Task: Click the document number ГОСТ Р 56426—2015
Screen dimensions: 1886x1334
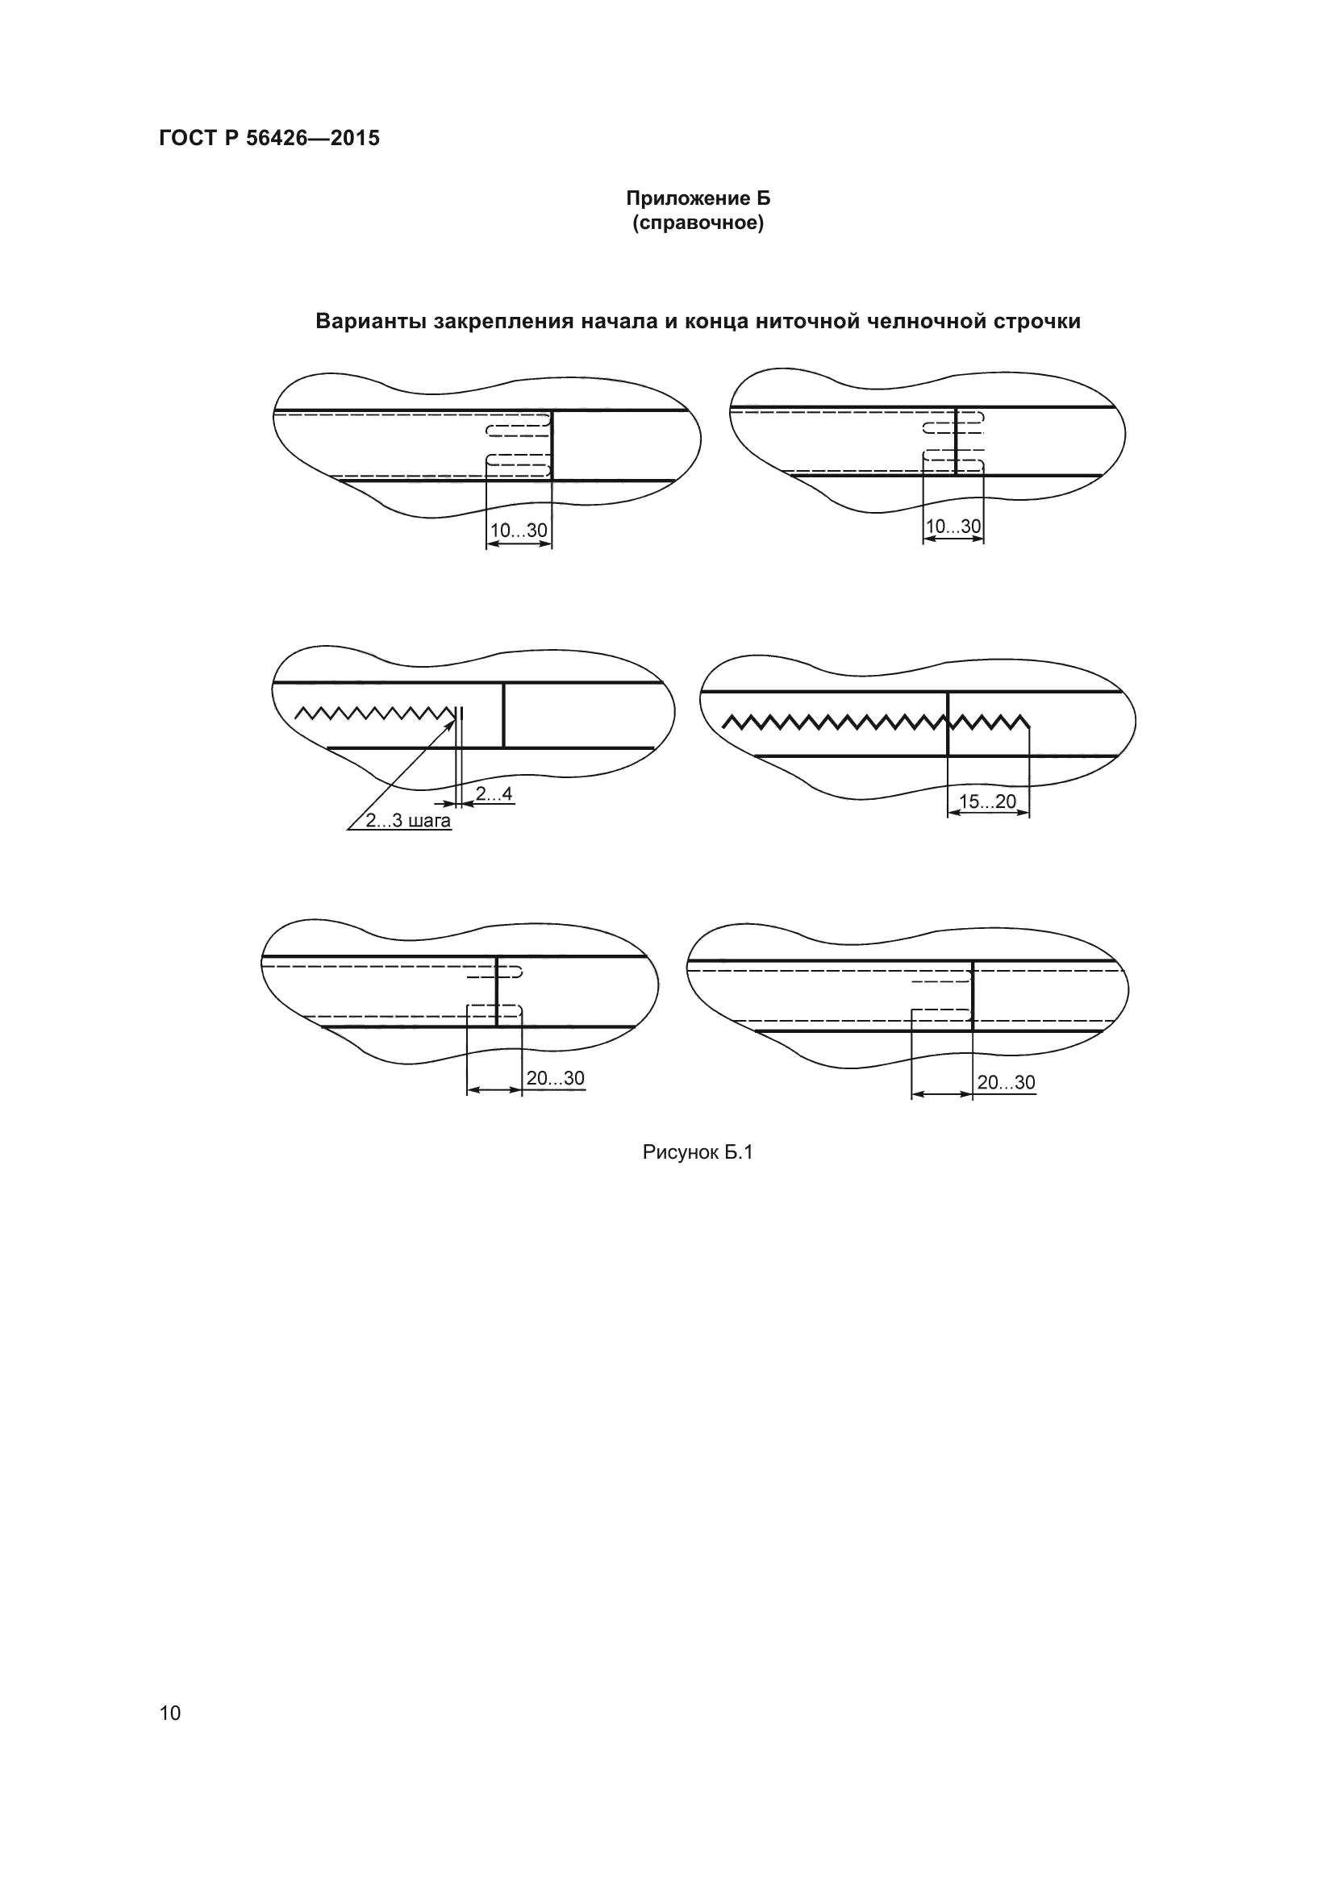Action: pyautogui.click(x=269, y=138)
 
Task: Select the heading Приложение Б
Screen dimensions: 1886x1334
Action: pyautogui.click(x=698, y=198)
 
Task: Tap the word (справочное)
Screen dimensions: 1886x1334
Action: pyautogui.click(x=698, y=223)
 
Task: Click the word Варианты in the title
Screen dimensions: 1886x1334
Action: pyautogui.click(x=370, y=321)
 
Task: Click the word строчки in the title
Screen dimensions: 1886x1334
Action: pyautogui.click(x=1036, y=321)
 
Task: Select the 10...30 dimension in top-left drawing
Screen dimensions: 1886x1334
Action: pyautogui.click(x=519, y=531)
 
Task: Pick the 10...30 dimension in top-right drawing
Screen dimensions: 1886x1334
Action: pyautogui.click(x=953, y=526)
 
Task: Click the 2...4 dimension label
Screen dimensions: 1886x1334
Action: pyautogui.click(x=494, y=793)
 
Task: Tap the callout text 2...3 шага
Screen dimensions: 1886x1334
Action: pyautogui.click(x=408, y=821)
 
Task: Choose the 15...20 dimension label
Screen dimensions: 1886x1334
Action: pyautogui.click(x=987, y=801)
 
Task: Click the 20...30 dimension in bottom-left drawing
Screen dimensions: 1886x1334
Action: pyautogui.click(x=555, y=1078)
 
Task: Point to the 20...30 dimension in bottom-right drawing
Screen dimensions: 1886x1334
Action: pyautogui.click(x=1006, y=1082)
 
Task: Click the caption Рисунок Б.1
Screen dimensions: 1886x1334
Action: pyautogui.click(x=698, y=1152)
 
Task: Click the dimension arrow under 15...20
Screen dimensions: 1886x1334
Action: pyautogui.click(x=987, y=814)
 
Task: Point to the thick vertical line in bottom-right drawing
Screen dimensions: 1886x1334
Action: pyautogui.click(x=973, y=996)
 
